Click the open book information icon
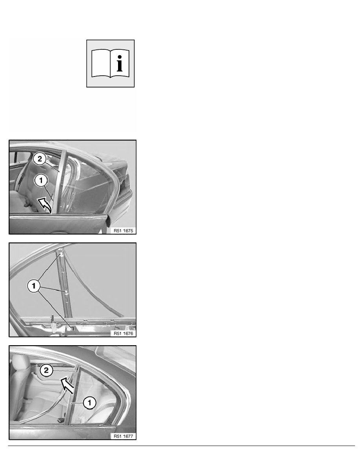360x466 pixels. point(110,64)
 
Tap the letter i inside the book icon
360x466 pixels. point(120,63)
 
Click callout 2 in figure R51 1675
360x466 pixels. point(40,159)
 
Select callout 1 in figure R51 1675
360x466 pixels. point(41,180)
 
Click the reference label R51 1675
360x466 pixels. point(123,231)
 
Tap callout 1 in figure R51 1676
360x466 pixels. point(34,286)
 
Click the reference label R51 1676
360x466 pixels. point(123,333)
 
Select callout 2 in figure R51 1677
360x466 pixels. point(46,370)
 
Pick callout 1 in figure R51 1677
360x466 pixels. point(89,403)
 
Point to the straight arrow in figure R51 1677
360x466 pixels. point(67,386)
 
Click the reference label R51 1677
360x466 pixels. point(123,436)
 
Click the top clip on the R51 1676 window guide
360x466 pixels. point(61,254)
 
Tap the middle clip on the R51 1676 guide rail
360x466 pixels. point(65,293)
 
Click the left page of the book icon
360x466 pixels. point(101,63)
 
